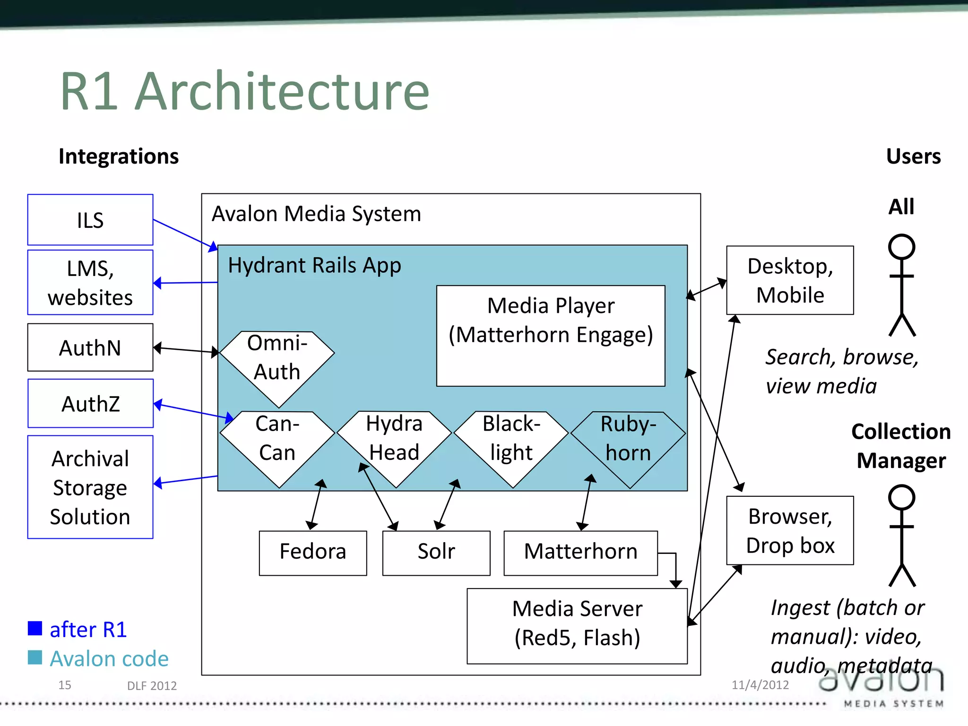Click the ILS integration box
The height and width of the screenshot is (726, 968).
point(90,220)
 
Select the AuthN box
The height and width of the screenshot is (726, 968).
point(90,347)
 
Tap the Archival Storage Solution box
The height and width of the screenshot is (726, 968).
point(90,487)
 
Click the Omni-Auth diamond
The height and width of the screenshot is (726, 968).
point(277,364)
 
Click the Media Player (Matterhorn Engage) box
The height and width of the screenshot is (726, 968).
point(551,336)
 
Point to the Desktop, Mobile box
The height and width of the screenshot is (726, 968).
point(790,280)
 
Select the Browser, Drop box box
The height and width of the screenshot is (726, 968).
point(790,530)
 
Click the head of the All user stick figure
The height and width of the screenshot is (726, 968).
point(901,247)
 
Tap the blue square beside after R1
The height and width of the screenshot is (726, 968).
point(35,628)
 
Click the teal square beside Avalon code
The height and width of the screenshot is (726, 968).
point(35,657)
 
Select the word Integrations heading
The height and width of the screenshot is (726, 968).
point(119,156)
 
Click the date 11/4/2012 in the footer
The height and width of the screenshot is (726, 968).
point(760,684)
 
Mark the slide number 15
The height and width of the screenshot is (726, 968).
point(65,685)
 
